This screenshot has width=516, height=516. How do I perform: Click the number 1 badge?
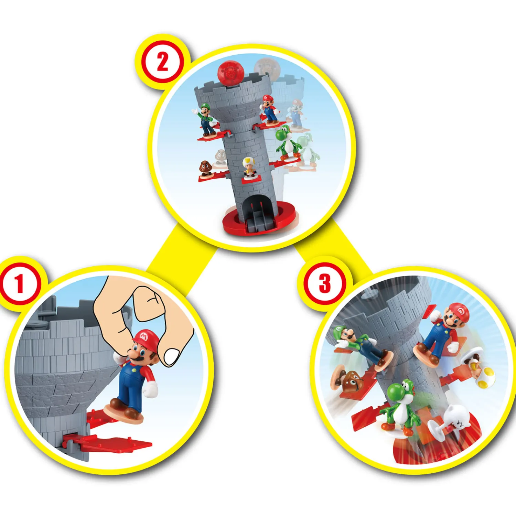point(20,284)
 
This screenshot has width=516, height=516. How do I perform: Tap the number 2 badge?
point(162,62)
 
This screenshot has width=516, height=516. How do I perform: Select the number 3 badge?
point(324,284)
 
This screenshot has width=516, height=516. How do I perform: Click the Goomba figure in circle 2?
point(205,168)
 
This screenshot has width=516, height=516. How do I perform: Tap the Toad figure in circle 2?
point(249,167)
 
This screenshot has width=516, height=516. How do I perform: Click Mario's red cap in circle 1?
point(146,339)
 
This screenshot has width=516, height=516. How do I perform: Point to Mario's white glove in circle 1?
point(150,389)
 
